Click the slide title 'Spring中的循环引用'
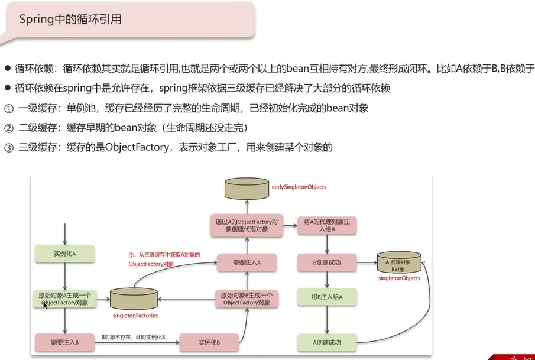click(x=70, y=19)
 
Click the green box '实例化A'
click(x=65, y=254)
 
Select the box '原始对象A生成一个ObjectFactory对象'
click(x=65, y=299)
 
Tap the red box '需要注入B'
click(x=65, y=342)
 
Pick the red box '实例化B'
click(x=209, y=342)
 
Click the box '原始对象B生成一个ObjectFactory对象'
click(x=247, y=299)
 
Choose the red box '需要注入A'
click(x=247, y=261)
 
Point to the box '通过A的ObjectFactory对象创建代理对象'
click(x=247, y=225)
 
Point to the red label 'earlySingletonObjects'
click(x=299, y=187)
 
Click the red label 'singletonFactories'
click(x=135, y=316)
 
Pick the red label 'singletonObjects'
click(x=399, y=278)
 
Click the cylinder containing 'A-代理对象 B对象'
click(x=398, y=263)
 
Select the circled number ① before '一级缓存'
click(x=8, y=109)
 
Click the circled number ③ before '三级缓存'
click(x=8, y=148)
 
